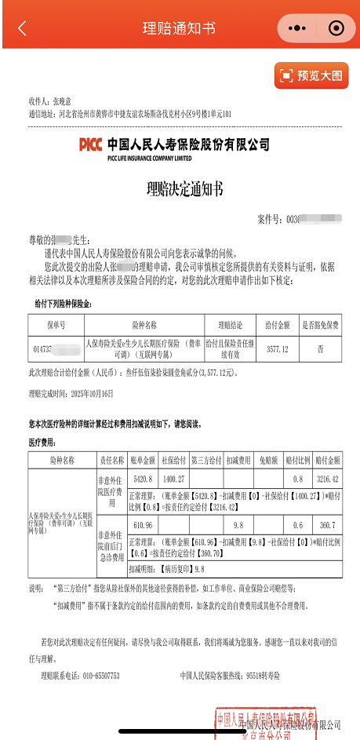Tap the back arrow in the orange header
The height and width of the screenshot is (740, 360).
coord(22,28)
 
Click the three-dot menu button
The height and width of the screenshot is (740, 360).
coord(296,28)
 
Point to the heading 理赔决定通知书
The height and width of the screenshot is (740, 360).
coord(184,188)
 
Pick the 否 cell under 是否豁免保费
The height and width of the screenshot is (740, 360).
coord(320,349)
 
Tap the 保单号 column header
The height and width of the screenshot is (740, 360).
coord(54,324)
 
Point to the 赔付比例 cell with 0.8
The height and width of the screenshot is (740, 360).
coord(297,478)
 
